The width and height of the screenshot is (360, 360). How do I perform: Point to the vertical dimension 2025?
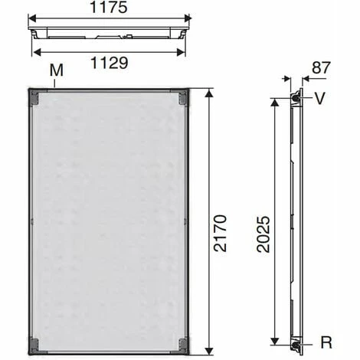262,223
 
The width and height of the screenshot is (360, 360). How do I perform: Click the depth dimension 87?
320,68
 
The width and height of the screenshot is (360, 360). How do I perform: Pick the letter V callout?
320,97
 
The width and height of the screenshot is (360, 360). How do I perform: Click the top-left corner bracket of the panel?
34,97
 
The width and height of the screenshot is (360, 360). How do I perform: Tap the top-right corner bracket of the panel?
182,97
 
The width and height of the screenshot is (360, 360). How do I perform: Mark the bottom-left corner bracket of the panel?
34,344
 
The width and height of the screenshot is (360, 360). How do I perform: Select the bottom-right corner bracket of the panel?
182,344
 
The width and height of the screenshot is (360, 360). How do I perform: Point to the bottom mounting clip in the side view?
296,346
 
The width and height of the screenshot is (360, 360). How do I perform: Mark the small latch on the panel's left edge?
31,221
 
